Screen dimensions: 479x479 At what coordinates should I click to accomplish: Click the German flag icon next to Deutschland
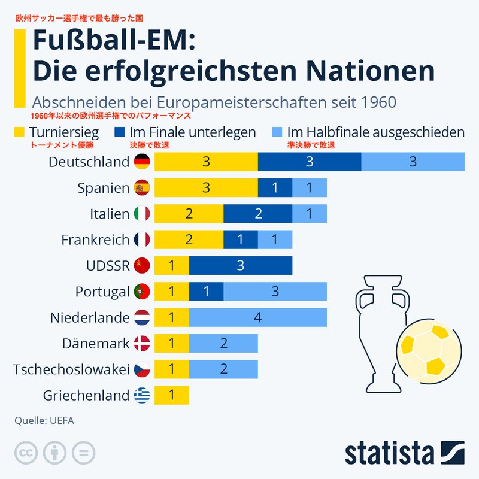click(x=142, y=162)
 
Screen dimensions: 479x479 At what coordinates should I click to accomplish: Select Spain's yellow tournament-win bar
click(x=206, y=188)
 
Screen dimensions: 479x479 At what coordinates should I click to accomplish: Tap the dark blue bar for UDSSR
click(x=241, y=266)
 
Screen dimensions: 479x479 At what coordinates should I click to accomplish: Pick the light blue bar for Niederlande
click(x=258, y=317)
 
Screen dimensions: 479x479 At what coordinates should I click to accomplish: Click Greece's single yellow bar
click(x=172, y=395)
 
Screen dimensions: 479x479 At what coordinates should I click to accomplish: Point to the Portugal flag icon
click(x=142, y=292)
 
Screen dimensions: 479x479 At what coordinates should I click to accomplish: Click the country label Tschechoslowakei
click(x=71, y=369)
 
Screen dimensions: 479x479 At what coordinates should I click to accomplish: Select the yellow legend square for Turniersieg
click(x=19, y=132)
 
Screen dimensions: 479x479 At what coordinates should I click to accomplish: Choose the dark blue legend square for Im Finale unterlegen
click(x=119, y=132)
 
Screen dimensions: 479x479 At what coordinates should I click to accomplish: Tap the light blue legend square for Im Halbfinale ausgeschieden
click(x=277, y=132)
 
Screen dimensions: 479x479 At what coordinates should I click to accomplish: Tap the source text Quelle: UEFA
click(x=44, y=420)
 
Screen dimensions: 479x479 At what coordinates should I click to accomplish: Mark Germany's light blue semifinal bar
click(x=413, y=162)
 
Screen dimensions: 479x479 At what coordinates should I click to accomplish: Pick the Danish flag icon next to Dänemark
click(x=142, y=343)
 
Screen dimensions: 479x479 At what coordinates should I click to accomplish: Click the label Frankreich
click(x=95, y=239)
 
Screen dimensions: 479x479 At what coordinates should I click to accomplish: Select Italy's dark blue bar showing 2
click(x=258, y=214)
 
